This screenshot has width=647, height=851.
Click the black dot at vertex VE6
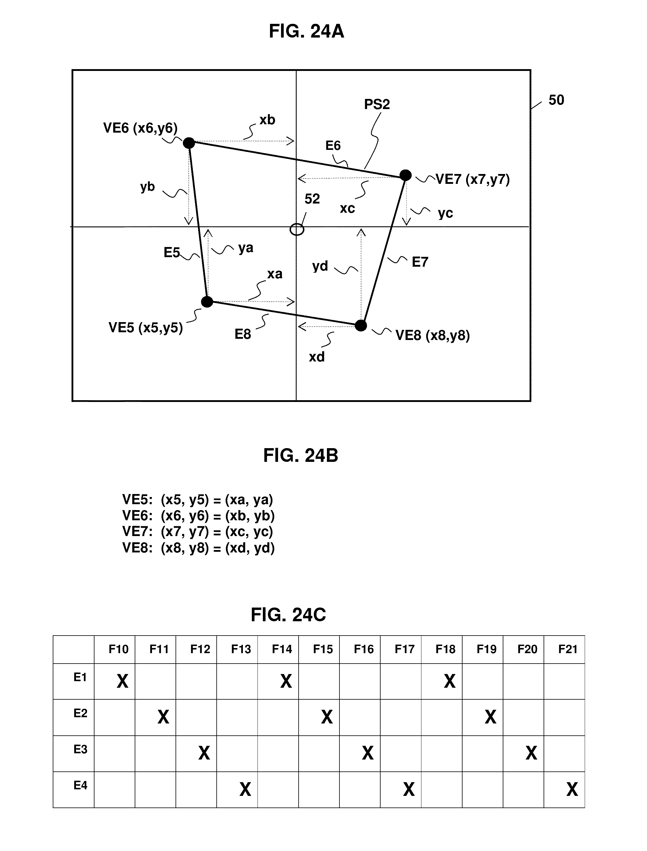pos(189,143)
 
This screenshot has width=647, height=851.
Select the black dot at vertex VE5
pos(207,302)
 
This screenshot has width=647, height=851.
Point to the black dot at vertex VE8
pos(361,325)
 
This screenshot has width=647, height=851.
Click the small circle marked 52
pos(297,229)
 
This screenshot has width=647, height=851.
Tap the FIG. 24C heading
pos(288,615)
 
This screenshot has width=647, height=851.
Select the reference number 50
pos(556,100)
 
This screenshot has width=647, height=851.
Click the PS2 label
pos(377,104)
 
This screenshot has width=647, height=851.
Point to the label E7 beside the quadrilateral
pos(420,262)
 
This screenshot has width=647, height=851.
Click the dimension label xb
pos(267,120)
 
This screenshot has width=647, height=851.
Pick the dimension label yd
pos(320,266)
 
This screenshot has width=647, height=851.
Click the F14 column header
pos(282,650)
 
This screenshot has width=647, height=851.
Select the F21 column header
pos(568,650)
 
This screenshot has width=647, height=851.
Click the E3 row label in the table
pos(80,749)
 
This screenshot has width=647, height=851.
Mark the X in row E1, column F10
pos(122,681)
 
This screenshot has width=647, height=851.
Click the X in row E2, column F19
pos(490,717)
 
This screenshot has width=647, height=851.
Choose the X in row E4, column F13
pos(245,789)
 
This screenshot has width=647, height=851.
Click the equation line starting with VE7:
pos(198,532)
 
